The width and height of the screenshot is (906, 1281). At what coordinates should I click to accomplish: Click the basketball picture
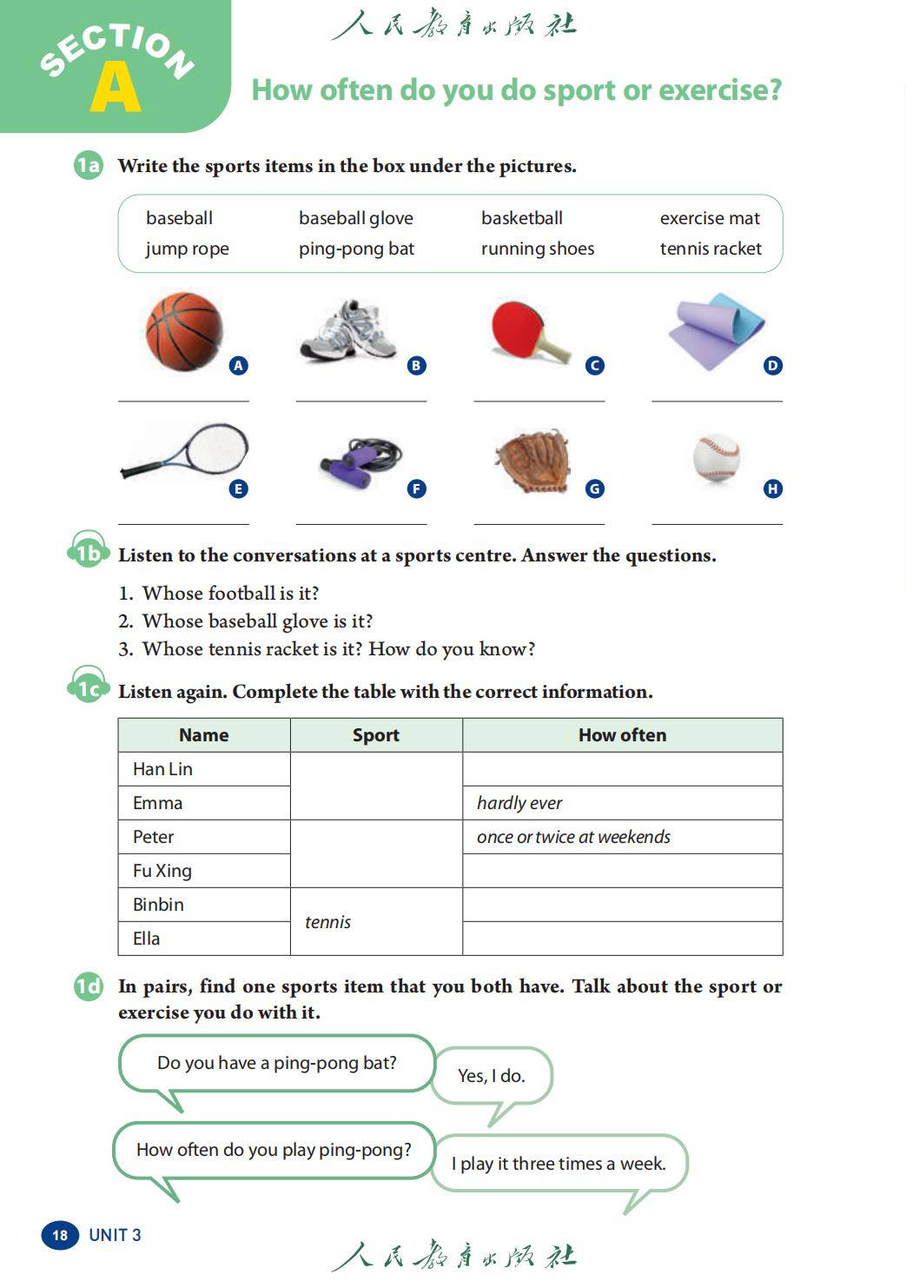(x=184, y=331)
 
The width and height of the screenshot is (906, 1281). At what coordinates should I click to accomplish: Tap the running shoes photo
(x=348, y=330)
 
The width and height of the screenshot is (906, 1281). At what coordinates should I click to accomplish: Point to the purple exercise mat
(x=716, y=330)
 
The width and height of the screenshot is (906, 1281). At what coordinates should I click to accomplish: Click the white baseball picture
(x=717, y=457)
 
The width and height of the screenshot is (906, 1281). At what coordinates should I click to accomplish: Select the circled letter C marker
(x=595, y=366)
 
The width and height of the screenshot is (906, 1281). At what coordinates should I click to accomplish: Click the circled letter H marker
(x=773, y=488)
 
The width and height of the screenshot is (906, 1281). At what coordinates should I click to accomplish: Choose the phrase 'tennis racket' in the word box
(x=711, y=249)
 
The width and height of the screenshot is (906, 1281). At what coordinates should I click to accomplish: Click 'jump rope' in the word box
(x=188, y=249)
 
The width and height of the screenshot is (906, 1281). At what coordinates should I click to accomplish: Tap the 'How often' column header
(x=622, y=735)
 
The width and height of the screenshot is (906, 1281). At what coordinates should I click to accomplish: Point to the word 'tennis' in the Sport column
(x=327, y=922)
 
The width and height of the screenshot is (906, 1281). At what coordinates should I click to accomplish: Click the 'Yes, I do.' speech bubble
(x=492, y=1076)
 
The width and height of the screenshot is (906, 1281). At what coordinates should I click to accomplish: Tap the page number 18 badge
(x=60, y=1235)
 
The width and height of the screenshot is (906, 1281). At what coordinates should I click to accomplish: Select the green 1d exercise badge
(x=88, y=986)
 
